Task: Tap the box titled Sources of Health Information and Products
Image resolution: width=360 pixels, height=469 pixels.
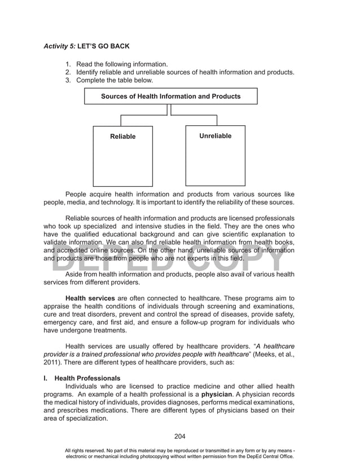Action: (x=170, y=97)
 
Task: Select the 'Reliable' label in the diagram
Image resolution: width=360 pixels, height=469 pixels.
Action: (x=122, y=137)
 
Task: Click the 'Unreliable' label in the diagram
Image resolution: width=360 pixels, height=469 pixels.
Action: (x=215, y=136)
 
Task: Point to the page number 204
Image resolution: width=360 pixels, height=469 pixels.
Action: (x=179, y=436)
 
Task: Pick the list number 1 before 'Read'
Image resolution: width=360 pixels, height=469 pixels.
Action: (x=67, y=64)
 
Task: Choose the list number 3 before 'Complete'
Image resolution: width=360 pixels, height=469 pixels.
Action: (x=67, y=81)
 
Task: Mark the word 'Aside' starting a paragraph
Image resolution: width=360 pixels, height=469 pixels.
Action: (x=75, y=274)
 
